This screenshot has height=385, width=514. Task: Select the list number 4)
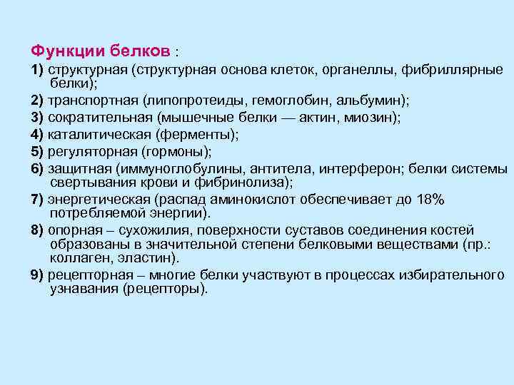[x=37, y=133]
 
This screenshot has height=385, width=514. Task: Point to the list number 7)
[x=37, y=199]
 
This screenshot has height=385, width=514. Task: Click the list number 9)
[x=37, y=275]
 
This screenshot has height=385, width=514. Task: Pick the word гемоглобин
[x=278, y=101]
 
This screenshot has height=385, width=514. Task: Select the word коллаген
[x=77, y=258]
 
